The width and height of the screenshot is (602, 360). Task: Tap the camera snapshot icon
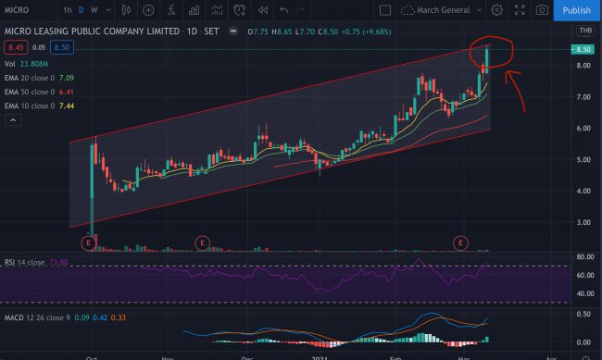(542, 10)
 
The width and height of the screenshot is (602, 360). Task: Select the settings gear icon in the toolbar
(496, 10)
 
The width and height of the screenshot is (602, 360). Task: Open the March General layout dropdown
(443, 10)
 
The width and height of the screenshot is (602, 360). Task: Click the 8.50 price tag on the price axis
(582, 49)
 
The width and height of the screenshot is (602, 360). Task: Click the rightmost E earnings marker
(460, 242)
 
